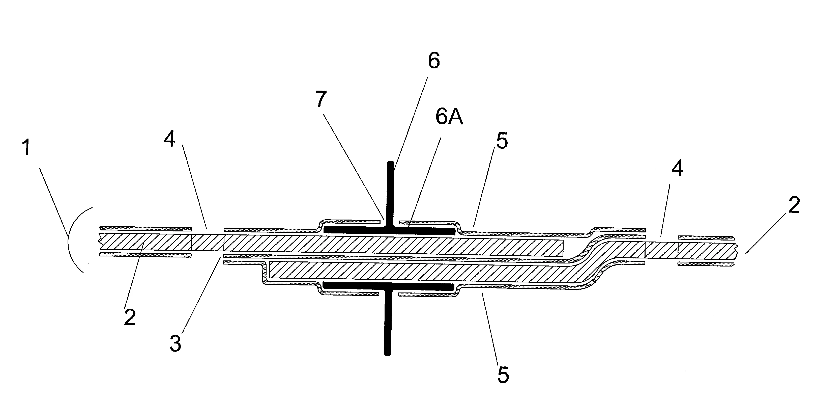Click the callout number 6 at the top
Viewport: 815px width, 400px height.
tap(434, 61)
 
